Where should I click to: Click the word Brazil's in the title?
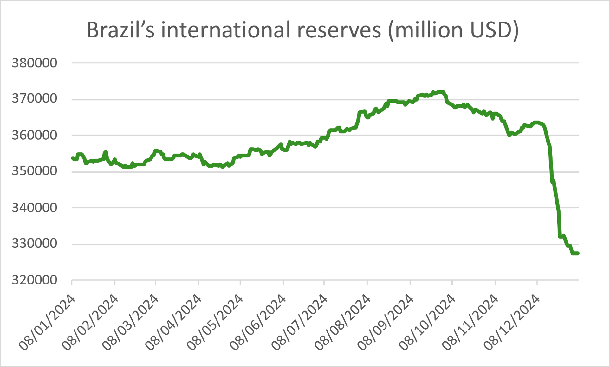120,30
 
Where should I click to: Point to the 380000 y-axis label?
35,63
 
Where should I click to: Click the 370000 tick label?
35,99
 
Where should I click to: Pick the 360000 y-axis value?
35,135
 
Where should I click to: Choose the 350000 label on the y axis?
35,171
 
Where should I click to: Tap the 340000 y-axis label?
35,208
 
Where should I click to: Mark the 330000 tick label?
35,244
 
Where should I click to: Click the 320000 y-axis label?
35,280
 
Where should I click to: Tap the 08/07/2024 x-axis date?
300,322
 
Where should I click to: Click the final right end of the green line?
578,253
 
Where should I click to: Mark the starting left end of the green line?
73,158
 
